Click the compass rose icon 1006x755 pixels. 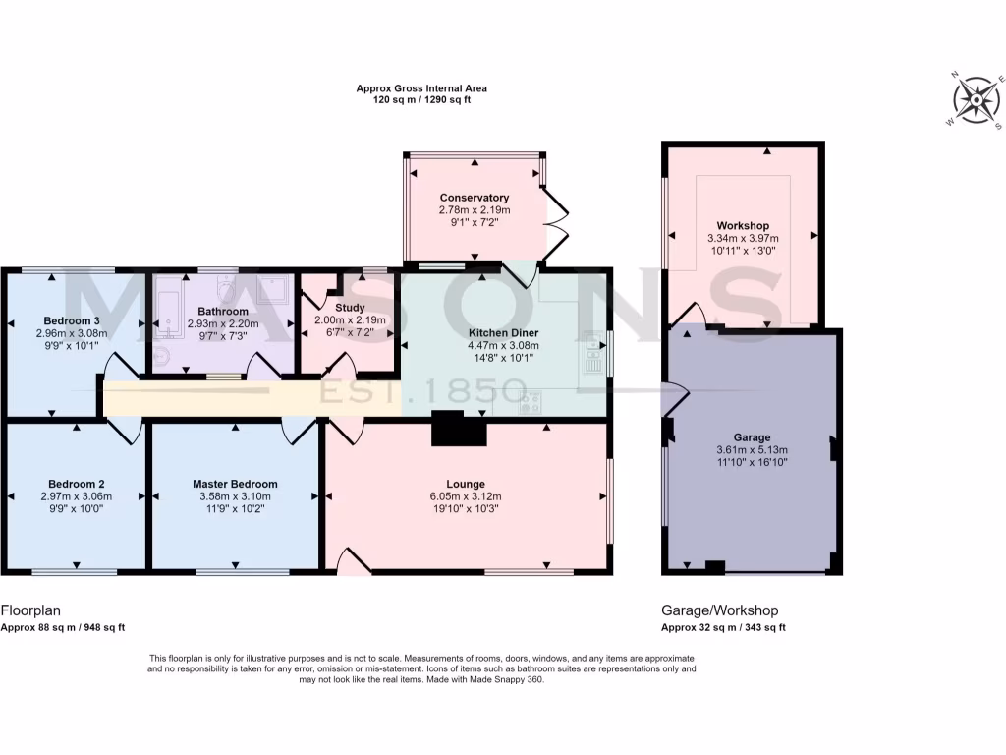[975, 100]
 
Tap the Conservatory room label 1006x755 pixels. [475, 198]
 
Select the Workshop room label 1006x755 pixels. [743, 225]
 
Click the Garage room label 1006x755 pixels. [753, 437]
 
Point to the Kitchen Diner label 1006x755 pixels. [503, 332]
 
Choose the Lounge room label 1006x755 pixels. [466, 484]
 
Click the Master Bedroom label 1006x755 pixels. [235, 484]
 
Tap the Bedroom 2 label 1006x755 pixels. [77, 484]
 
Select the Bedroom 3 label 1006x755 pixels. [72, 320]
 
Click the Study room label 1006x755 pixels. [350, 308]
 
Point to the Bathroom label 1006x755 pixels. [223, 311]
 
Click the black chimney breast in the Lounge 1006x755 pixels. [459, 430]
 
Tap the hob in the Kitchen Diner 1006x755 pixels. [531, 402]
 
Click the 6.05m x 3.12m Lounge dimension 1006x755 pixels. [466, 497]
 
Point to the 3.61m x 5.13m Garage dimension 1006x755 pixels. [753, 450]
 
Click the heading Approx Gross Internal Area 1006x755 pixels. [421, 88]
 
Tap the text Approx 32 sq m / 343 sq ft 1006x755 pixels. [724, 627]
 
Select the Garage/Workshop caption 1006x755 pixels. [720, 610]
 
